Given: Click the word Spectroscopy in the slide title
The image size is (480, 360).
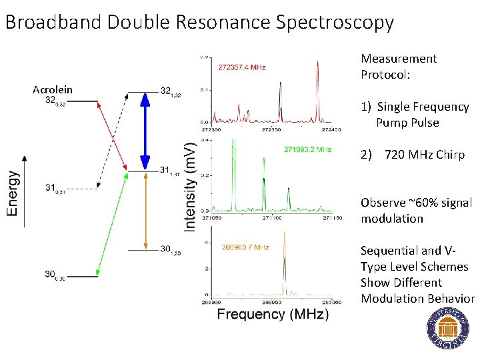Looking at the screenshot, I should [333, 23].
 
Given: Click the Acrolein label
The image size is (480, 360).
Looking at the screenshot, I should [53, 90].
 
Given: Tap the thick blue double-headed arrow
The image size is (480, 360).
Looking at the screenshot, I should [144, 131].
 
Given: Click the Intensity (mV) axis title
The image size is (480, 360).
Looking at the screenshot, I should [190, 187].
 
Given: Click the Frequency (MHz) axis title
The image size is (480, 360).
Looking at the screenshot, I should [273, 314].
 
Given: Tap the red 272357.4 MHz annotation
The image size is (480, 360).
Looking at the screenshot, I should [242, 67].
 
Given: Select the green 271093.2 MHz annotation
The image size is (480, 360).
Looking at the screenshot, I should [307, 150].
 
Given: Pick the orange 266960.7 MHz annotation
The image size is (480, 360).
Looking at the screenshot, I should [245, 247].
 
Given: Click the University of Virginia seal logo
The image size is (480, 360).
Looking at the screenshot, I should [447, 330].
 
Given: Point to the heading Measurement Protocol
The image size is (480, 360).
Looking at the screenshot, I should [398, 67].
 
